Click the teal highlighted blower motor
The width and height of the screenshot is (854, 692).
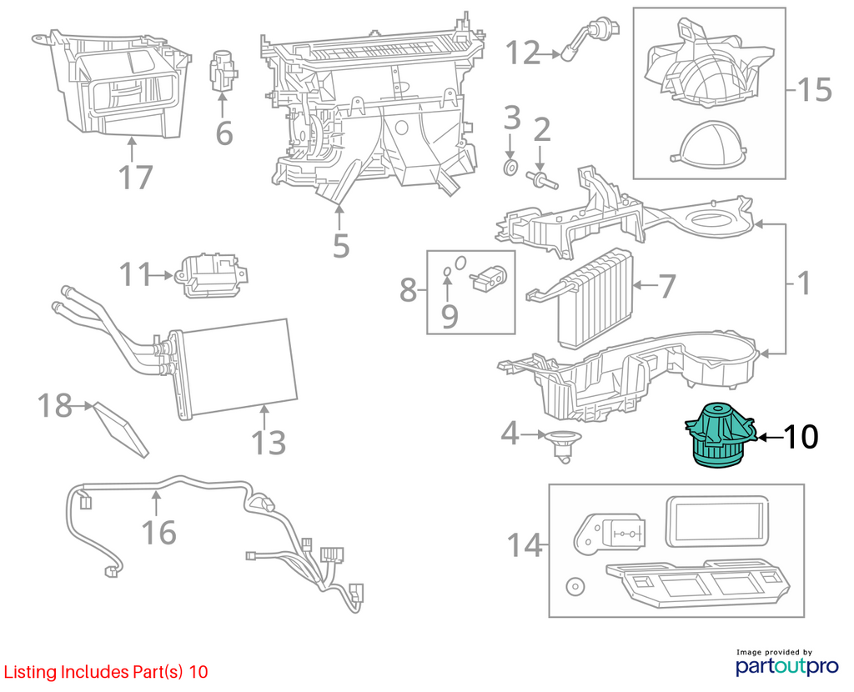[720, 434]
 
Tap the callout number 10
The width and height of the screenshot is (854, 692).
[800, 437]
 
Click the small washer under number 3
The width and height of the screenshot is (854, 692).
[510, 168]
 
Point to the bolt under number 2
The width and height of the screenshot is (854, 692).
[541, 179]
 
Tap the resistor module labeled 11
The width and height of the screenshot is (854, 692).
[213, 275]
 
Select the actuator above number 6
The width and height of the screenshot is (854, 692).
[222, 72]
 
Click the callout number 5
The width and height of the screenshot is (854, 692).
[341, 246]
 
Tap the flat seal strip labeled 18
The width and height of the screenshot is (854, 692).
[121, 430]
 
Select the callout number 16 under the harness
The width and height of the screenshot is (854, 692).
[158, 532]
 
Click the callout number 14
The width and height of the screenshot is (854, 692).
[524, 544]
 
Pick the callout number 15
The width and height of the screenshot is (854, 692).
[814, 89]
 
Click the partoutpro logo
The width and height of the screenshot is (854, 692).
[786, 663]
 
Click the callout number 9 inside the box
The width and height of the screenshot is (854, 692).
[450, 316]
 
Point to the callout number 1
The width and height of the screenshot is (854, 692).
[803, 283]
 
